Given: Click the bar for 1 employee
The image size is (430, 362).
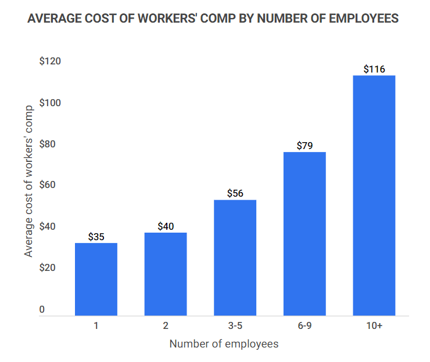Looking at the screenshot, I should [x=96, y=279].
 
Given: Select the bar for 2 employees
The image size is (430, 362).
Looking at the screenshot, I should [x=166, y=274].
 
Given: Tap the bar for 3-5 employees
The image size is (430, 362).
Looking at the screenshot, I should [x=235, y=258].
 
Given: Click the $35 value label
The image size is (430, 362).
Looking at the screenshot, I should [x=96, y=237].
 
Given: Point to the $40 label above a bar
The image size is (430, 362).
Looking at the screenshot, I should [x=166, y=226].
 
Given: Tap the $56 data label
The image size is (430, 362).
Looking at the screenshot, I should [x=235, y=193].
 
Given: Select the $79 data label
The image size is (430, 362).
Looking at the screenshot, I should [x=304, y=146].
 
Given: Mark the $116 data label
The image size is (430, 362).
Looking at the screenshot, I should [x=374, y=69].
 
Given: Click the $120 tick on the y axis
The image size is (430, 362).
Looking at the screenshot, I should [x=50, y=61].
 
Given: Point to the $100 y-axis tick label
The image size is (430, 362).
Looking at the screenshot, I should [x=50, y=103].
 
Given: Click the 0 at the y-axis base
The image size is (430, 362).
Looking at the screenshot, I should [x=42, y=310].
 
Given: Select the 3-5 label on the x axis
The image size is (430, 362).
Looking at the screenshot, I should [x=235, y=326].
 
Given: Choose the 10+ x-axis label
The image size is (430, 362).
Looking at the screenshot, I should [x=374, y=326].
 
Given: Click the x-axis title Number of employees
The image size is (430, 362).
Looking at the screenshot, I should [x=224, y=344].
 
